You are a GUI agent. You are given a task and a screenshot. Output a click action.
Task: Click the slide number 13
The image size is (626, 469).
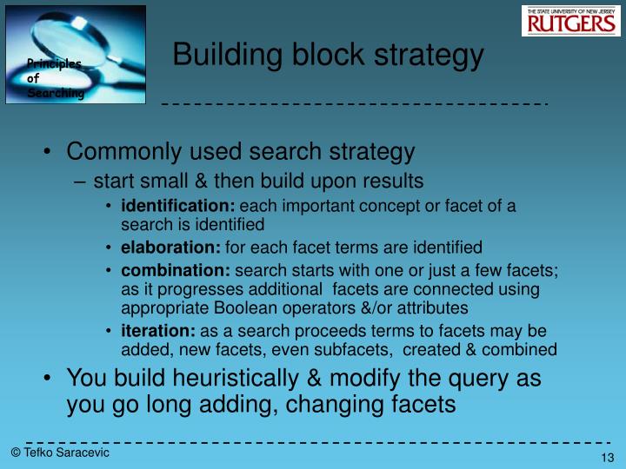click(608, 459)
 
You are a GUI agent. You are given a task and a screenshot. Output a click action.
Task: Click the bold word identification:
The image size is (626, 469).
click(178, 206)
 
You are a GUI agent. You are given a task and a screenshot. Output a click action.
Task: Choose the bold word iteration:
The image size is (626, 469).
click(158, 332)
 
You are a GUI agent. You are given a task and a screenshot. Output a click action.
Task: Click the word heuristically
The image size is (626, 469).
click(243, 380)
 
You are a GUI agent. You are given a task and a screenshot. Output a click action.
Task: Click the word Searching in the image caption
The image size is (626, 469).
click(55, 93)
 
